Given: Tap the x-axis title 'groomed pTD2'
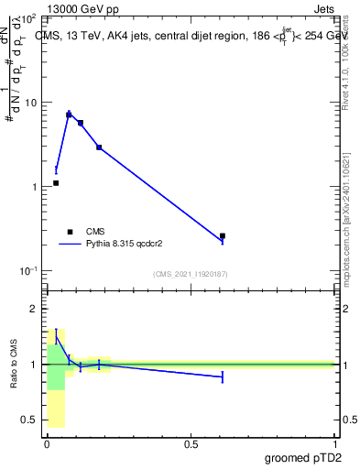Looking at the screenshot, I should [305, 458].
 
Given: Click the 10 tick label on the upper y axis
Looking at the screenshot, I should [30, 103].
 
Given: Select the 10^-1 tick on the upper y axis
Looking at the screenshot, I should [27, 270].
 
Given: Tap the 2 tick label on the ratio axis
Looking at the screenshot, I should [33, 309].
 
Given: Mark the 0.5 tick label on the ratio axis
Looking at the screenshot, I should [29, 420].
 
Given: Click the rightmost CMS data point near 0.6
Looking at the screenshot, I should [223, 236].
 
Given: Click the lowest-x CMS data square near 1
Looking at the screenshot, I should [56, 183].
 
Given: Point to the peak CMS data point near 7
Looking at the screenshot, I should [69, 115].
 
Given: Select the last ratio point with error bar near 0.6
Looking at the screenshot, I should [223, 376].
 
